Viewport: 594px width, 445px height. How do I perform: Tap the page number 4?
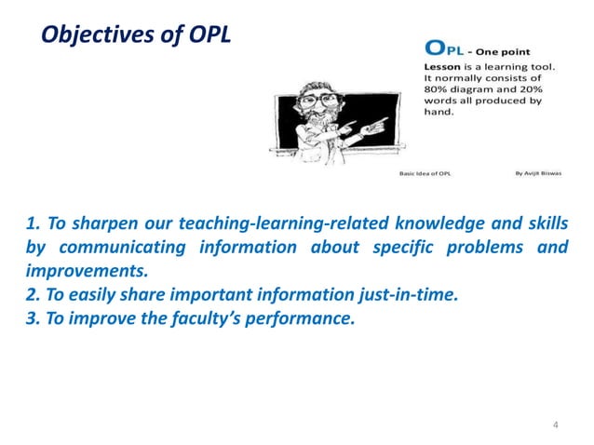[x=555, y=425]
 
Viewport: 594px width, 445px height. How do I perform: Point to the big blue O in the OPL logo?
[x=434, y=48]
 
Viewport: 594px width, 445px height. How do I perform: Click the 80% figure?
[x=438, y=91]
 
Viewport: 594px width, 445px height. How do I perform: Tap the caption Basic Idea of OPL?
[x=428, y=173]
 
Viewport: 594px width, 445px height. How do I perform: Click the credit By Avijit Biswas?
[x=535, y=173]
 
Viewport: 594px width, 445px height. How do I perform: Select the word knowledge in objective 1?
[x=417, y=225]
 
